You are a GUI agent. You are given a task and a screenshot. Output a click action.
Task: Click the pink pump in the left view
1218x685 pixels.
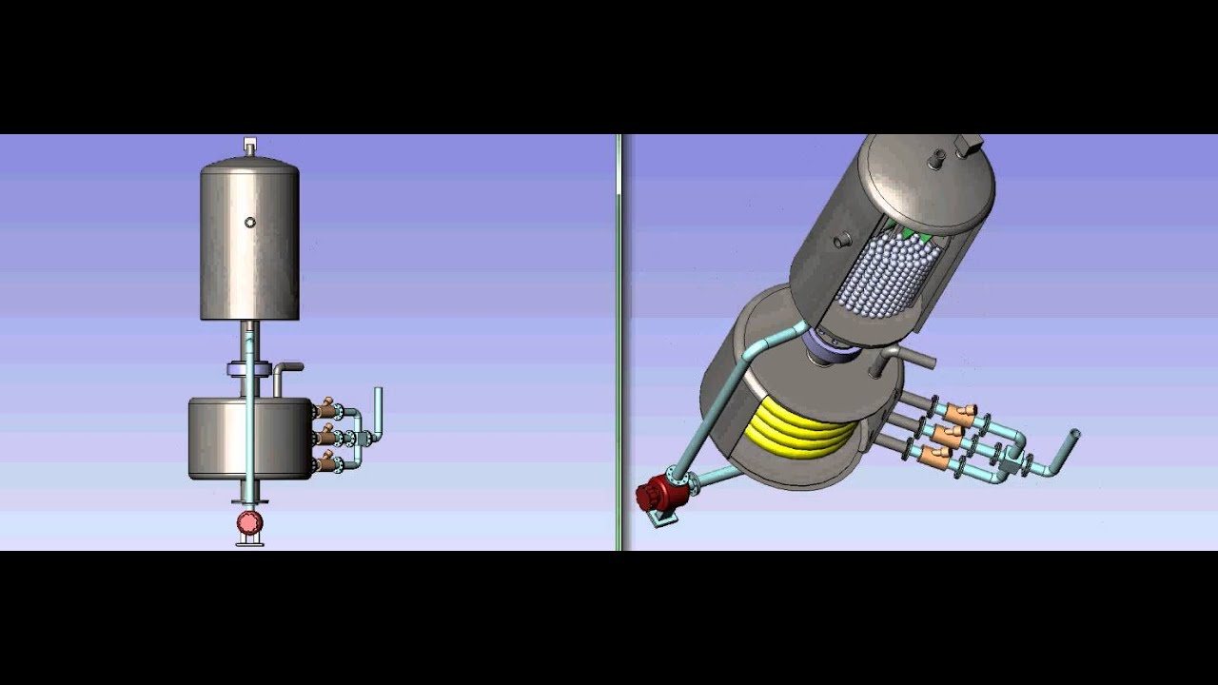coord(249,521)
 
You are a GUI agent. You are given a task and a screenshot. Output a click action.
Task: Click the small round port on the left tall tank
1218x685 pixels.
coord(250,223)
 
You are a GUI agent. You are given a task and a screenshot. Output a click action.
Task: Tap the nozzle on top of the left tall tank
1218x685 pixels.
coord(250,146)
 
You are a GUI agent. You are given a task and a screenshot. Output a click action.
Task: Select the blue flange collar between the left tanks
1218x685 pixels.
coord(249,369)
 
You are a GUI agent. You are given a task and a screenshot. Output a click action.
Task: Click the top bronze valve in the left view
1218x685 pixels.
coord(329,410)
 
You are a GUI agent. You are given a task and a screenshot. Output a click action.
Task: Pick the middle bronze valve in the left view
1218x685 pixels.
coord(329,437)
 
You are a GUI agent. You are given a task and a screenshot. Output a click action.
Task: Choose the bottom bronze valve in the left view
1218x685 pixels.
coord(329,463)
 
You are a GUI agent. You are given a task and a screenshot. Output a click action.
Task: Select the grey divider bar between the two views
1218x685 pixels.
coord(619,342)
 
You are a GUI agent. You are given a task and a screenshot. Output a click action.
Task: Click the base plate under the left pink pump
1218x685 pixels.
coord(249,542)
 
